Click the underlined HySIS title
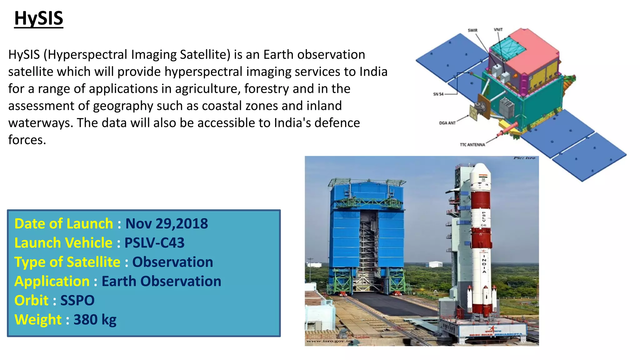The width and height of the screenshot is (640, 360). coord(39,18)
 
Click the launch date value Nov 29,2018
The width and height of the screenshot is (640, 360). coord(167,224)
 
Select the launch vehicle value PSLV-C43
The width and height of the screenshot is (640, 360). coord(154,243)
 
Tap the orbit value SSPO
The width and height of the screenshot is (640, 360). coord(77,301)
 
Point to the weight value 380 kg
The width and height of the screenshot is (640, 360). coord(95,320)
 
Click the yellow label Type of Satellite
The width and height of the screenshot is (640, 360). coord(67,262)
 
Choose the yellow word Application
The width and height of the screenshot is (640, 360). coord(52,281)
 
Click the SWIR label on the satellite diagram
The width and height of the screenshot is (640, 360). coord(472,30)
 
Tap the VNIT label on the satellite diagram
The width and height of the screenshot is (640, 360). coord(498,30)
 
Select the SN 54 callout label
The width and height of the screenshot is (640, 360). coord(438,94)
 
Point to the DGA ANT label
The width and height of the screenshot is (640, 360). coord(447,123)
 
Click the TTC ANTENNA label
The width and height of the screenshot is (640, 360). coord(472,145)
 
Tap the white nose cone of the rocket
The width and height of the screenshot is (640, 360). coord(480,175)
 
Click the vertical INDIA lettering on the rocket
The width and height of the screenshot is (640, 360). coord(484,264)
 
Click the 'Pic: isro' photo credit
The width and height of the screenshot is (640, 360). coord(524,158)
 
